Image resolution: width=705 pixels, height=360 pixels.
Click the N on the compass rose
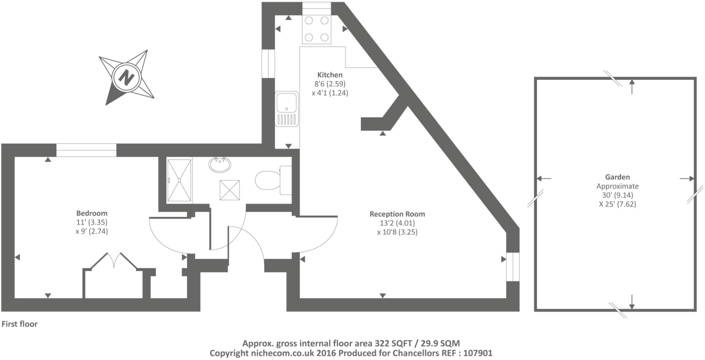click(127, 78)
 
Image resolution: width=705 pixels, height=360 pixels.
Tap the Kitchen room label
click(330, 75)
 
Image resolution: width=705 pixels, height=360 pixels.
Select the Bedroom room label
click(91, 213)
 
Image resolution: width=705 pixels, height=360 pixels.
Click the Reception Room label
click(397, 214)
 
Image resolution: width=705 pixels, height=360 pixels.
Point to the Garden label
click(617, 177)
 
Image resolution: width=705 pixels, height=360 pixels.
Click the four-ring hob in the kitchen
click(317, 29)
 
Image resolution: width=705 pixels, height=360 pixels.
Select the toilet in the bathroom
click(272, 181)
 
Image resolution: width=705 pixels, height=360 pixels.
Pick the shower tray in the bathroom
click(179, 180)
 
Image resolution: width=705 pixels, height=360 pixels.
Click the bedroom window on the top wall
click(86, 150)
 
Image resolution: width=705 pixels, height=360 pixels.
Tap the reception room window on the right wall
click(513, 266)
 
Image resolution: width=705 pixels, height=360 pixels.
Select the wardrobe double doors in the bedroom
click(114, 261)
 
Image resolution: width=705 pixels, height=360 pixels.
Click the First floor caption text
click(20, 324)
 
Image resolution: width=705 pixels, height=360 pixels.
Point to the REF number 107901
click(477, 353)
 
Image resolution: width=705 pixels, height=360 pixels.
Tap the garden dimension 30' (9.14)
click(617, 195)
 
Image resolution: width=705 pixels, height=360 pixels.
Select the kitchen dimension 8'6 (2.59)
click(330, 84)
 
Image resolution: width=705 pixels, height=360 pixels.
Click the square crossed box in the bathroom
click(230, 190)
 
